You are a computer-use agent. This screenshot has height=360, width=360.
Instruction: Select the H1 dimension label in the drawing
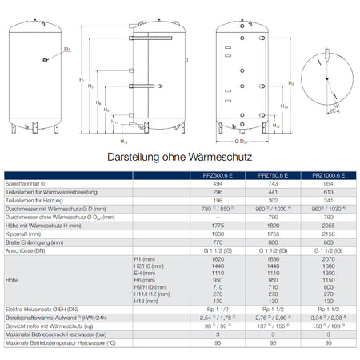pos(82,80)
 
